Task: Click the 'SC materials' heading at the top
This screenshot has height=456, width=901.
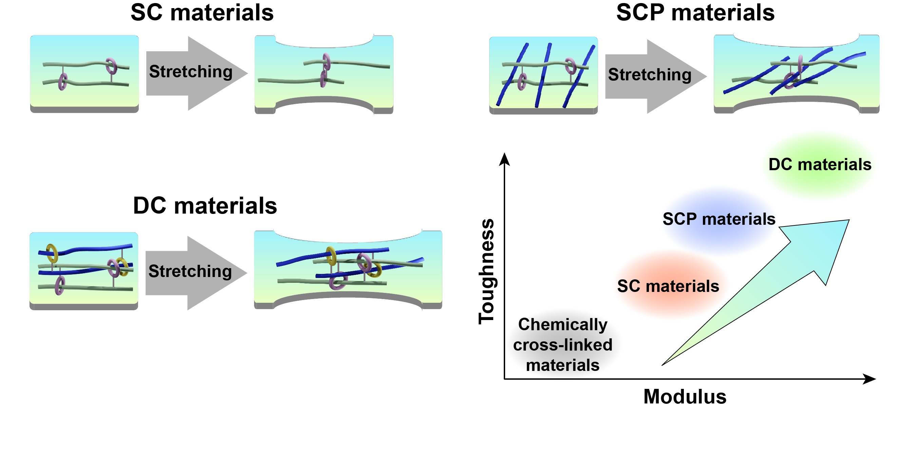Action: [x=202, y=13]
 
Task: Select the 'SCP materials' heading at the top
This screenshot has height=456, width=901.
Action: [x=695, y=13]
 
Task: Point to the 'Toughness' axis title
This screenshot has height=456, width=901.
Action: [x=486, y=271]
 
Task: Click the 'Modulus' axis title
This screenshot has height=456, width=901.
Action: [x=685, y=397]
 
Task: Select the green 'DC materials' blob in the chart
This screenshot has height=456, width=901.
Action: [x=820, y=165]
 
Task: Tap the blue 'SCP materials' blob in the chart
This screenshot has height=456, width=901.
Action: [x=719, y=220]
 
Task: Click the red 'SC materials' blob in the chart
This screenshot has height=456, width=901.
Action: [x=668, y=286]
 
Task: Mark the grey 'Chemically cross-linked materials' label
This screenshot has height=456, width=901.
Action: [x=562, y=345]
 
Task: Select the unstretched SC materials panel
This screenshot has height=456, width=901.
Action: [x=84, y=74]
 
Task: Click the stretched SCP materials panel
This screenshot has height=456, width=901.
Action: [x=796, y=74]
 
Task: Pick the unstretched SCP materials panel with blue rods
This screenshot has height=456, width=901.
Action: [x=543, y=75]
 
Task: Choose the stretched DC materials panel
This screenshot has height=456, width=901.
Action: [x=348, y=270]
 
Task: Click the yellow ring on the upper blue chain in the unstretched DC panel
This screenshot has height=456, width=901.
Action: [x=52, y=253]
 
